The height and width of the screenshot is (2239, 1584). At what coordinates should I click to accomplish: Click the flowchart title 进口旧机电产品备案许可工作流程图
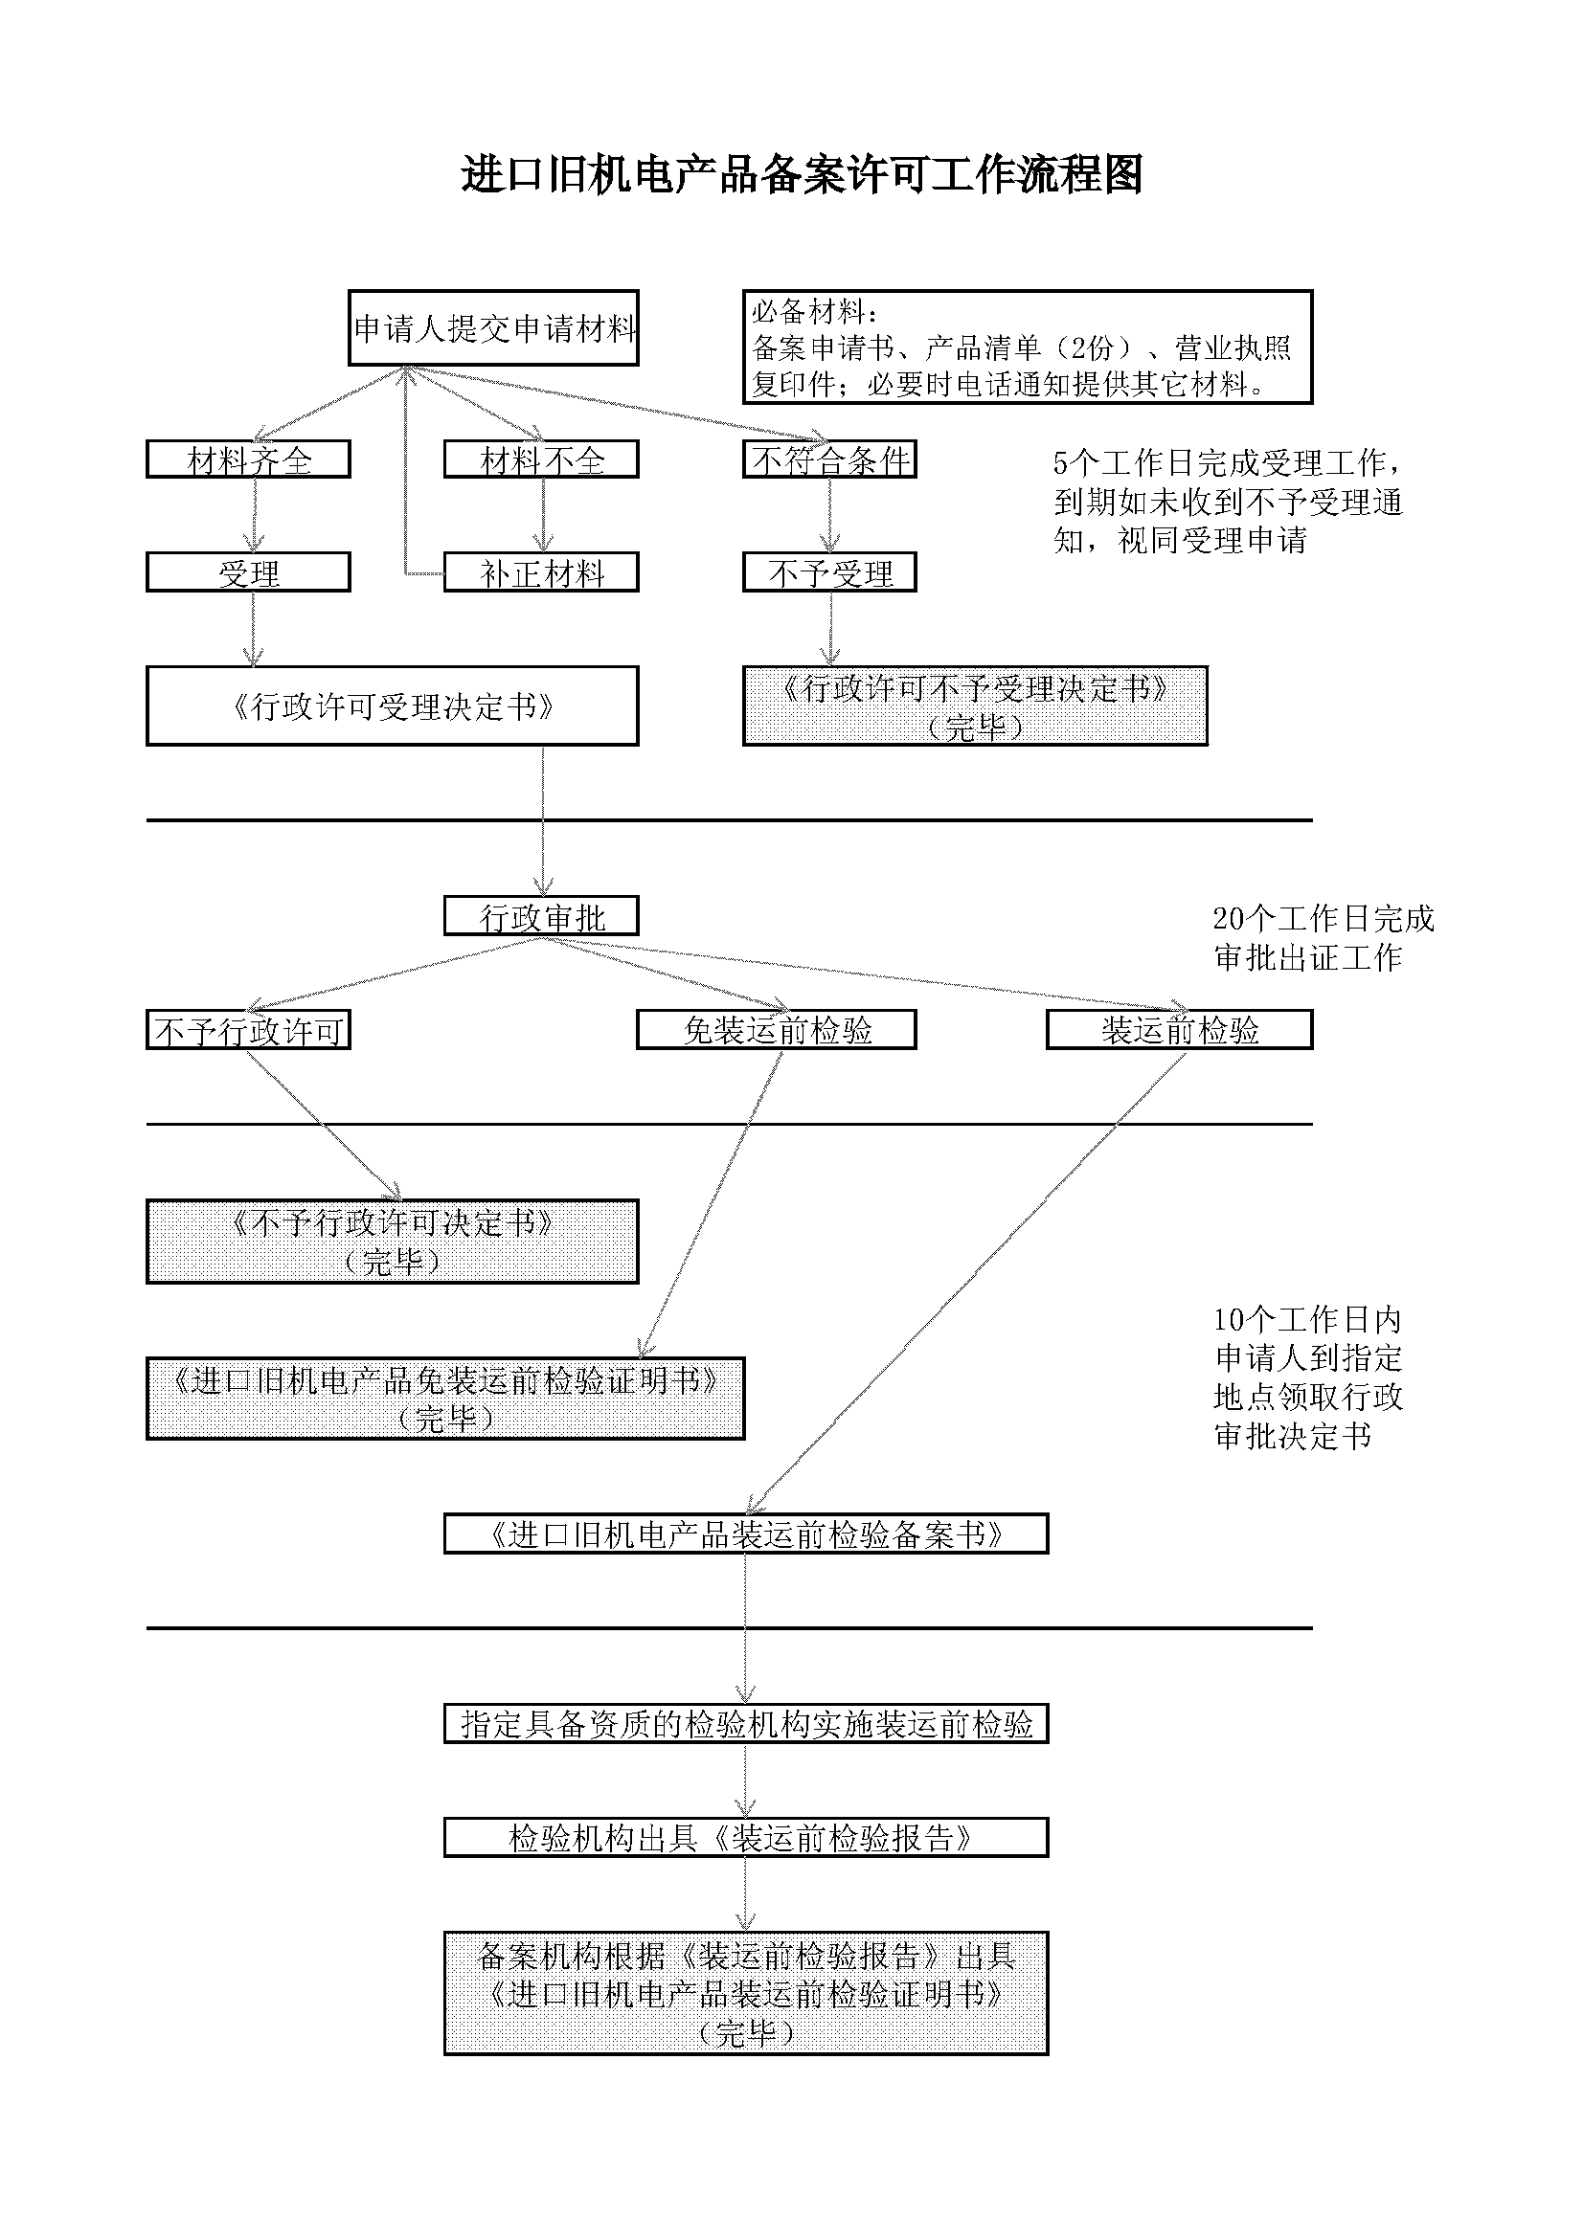coord(801,175)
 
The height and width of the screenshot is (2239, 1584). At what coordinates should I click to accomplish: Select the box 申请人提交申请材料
coord(493,327)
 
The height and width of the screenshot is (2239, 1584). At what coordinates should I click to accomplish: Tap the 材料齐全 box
coord(248,459)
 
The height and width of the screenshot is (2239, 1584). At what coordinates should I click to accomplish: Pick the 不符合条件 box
coord(829,459)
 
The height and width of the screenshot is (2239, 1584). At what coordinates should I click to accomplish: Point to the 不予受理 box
coord(829,572)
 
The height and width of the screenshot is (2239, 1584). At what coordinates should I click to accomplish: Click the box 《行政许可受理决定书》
coord(392,706)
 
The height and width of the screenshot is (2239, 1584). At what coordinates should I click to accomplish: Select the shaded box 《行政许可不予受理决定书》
coord(974,706)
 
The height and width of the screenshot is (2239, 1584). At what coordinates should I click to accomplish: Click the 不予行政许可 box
coord(248,1030)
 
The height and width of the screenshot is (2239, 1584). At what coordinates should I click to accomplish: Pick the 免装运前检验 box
coord(777,1030)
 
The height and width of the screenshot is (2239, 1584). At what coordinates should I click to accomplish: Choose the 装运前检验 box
coord(1179,1030)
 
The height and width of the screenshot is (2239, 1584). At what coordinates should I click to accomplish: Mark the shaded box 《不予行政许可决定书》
coord(392,1242)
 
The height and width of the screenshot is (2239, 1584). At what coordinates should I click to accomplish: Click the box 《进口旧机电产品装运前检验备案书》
coord(746,1534)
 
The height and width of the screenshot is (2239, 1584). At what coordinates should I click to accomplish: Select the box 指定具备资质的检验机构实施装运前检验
coord(746,1724)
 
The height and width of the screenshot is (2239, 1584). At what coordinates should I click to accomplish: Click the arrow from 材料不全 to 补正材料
coord(543,515)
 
